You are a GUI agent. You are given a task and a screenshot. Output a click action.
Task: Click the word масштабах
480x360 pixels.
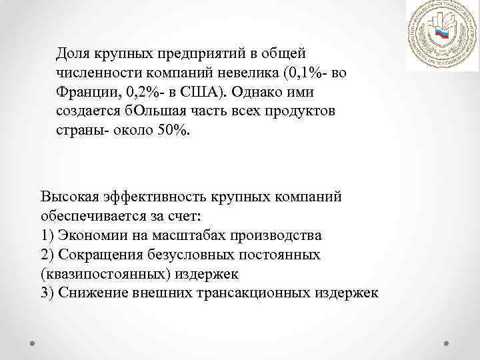tap(190, 235)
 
